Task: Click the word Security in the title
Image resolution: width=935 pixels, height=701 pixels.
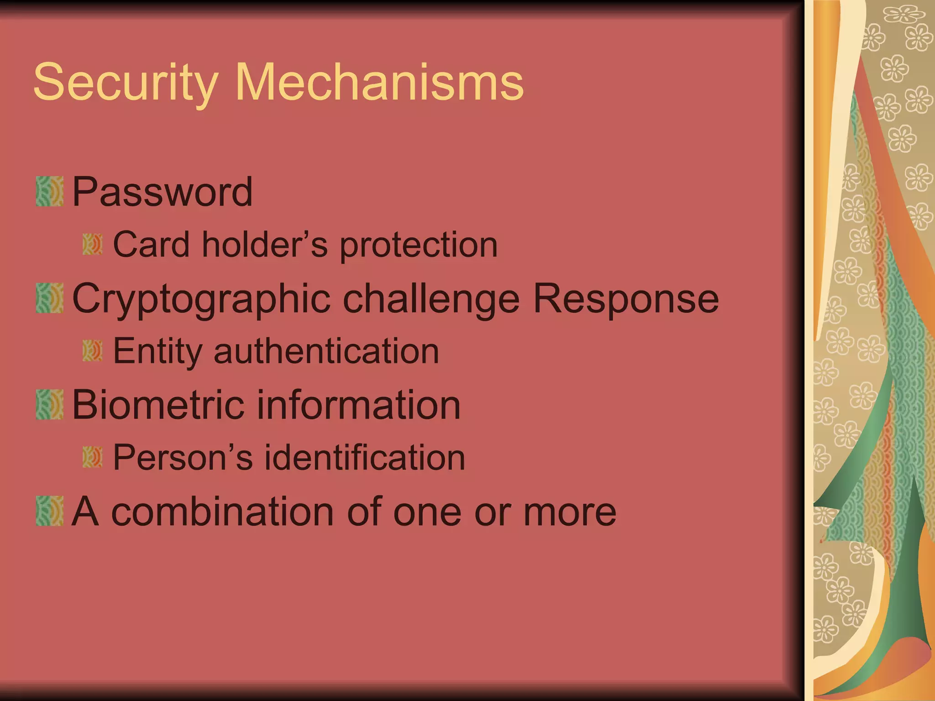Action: pos(126,83)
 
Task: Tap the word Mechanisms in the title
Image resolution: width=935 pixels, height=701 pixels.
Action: pos(379,83)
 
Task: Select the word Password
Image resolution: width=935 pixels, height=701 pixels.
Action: pos(162,192)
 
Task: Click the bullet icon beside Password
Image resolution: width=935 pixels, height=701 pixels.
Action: pos(49,191)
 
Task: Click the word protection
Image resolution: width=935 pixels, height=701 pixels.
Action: pos(419,246)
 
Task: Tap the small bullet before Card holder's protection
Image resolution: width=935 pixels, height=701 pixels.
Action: pos(92,245)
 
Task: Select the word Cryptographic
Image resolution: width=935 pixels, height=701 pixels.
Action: pos(201,299)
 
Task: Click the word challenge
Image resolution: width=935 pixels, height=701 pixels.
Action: pos(431,299)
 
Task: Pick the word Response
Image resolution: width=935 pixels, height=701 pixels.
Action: pos(626,299)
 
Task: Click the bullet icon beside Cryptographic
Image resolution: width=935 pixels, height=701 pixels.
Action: pos(49,298)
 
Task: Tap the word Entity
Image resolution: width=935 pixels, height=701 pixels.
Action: pos(157,351)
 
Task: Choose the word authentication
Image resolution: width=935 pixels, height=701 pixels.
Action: pos(326,351)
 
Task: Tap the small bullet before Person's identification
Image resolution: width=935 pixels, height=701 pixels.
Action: pos(92,457)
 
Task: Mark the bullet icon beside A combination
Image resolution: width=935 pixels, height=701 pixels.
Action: pos(49,511)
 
